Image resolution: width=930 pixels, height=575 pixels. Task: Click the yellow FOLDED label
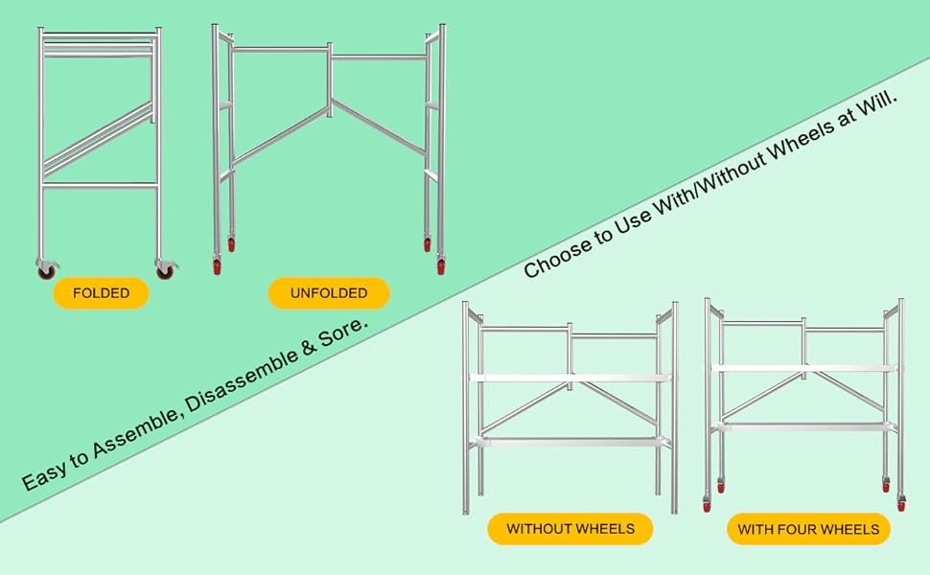click(101, 293)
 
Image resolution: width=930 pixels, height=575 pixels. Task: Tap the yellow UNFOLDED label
click(329, 293)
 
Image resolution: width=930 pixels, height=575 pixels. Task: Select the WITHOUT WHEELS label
click(570, 529)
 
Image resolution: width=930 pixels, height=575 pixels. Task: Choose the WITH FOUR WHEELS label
click(808, 529)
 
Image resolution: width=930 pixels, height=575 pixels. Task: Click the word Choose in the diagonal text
click(558, 256)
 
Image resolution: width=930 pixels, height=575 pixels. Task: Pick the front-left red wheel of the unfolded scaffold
click(217, 267)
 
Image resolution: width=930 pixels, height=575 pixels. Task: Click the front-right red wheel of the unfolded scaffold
click(441, 267)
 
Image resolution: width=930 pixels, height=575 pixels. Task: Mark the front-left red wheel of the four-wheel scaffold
click(707, 504)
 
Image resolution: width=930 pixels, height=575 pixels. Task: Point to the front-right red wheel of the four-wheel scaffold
click(901, 504)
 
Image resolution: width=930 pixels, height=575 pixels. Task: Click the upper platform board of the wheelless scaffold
click(570, 378)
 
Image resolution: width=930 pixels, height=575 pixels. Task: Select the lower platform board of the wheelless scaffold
click(570, 442)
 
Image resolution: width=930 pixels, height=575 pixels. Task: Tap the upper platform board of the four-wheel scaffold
click(804, 368)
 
